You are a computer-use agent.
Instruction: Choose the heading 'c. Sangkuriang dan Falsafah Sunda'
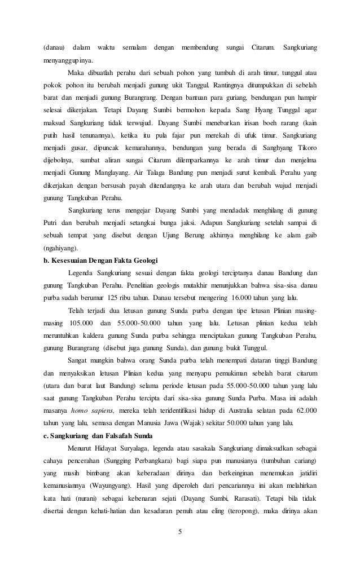point(98,435)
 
